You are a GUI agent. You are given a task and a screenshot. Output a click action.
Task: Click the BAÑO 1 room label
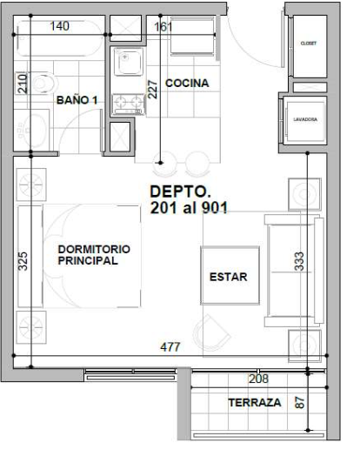[77, 101]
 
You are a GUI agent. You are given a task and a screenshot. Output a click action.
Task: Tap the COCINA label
[186, 84]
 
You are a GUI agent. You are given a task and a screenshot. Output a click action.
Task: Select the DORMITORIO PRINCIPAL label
[94, 254]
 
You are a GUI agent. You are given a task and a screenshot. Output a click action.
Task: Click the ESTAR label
[228, 277]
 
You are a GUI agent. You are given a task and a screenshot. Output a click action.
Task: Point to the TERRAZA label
[254, 403]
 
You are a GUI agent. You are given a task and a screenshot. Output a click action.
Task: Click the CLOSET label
[308, 43]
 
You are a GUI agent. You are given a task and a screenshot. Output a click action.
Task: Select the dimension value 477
[170, 346]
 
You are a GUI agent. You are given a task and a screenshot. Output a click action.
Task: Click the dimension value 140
[59, 27]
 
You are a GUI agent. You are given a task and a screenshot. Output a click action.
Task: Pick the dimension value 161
[163, 27]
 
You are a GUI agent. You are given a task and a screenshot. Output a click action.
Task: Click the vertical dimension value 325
[23, 261]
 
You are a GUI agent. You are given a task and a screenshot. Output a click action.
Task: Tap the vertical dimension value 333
[299, 261]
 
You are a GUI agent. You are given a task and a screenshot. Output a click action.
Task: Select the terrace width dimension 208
[258, 379]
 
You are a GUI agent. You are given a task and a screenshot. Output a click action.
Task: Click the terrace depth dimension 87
[300, 403]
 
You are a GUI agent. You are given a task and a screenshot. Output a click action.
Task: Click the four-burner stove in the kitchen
[129, 105]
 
